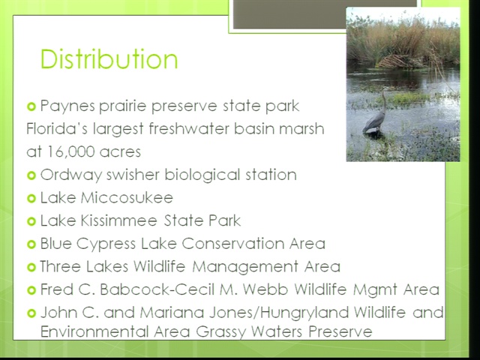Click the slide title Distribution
tap(109, 58)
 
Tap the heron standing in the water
tap(376, 112)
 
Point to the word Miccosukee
tap(127, 197)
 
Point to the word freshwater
tap(189, 128)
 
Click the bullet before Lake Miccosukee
tap(31, 198)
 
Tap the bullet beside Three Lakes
tap(31, 267)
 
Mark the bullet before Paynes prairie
tap(31, 106)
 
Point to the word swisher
tap(133, 175)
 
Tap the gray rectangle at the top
tap(325, 14)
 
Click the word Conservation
tap(232, 244)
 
